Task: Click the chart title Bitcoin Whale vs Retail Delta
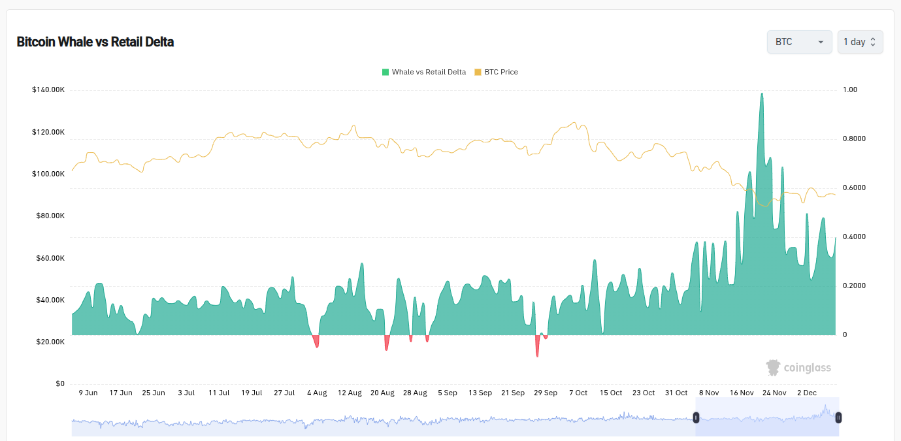pyautogui.click(x=95, y=42)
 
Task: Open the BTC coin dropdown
pyautogui.click(x=799, y=42)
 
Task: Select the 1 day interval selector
pyautogui.click(x=860, y=42)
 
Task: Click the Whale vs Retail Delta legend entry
pyautogui.click(x=424, y=72)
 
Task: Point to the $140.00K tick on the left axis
pyautogui.click(x=48, y=90)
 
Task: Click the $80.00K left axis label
pyautogui.click(x=50, y=216)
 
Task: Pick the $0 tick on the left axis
pyautogui.click(x=59, y=384)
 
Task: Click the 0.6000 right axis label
pyautogui.click(x=854, y=188)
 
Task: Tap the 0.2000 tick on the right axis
pyautogui.click(x=854, y=286)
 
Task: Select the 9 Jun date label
pyautogui.click(x=88, y=393)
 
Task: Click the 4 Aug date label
pyautogui.click(x=317, y=393)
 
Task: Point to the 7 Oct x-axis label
pyautogui.click(x=578, y=393)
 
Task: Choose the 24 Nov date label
pyautogui.click(x=774, y=393)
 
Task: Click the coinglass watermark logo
pyautogui.click(x=798, y=368)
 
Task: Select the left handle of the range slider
pyautogui.click(x=696, y=417)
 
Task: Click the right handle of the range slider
pyautogui.click(x=838, y=417)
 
